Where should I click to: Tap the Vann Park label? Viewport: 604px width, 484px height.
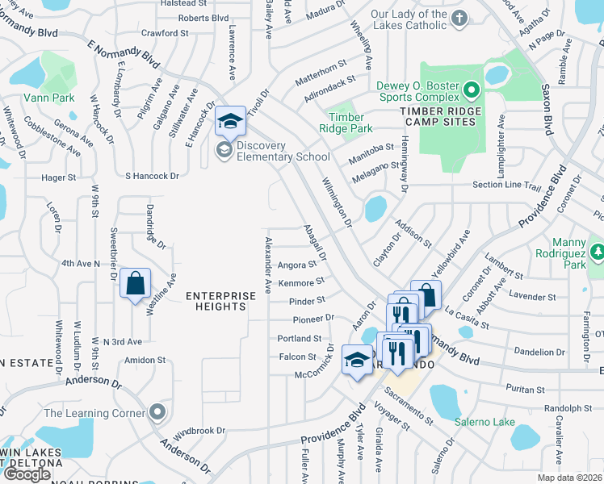click(x=29, y=97)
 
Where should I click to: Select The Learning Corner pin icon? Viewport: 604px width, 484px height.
click(x=158, y=411)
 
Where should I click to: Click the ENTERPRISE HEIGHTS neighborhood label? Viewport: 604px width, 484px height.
click(x=216, y=301)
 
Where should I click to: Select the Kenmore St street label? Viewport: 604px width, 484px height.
click(x=301, y=282)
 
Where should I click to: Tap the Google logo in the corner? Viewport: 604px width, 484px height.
click(x=27, y=474)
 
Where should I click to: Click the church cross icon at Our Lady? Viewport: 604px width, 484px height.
click(x=459, y=17)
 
